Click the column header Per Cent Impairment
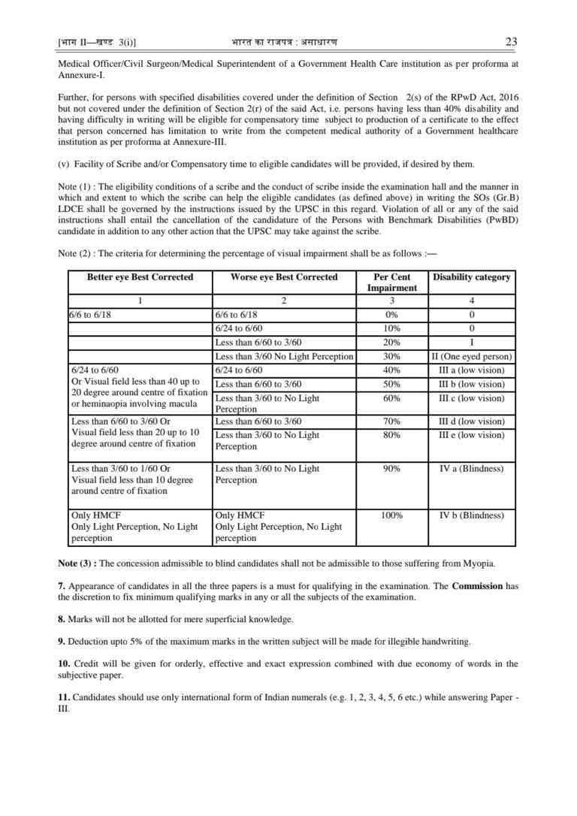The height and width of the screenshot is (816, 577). pos(391,283)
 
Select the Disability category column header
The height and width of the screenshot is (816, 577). pos(472,277)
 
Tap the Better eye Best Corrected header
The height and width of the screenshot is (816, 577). pos(140,277)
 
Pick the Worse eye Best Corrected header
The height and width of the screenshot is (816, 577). pos(284,277)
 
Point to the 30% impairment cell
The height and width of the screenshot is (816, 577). pos(391,356)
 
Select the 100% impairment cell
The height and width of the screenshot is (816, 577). pos(391,515)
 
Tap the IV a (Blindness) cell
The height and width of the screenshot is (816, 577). pos(472,469)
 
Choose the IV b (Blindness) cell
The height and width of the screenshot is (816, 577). pos(472,515)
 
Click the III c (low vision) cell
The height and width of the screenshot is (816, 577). pos(472,397)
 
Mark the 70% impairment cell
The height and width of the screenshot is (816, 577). pos(391,422)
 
